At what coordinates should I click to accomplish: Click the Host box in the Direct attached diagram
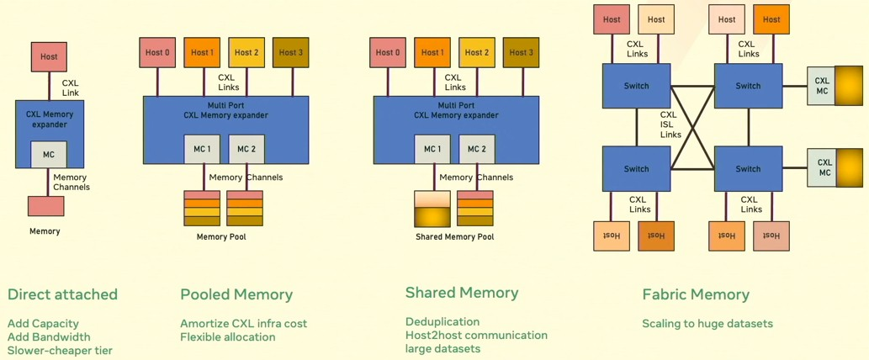point(49,56)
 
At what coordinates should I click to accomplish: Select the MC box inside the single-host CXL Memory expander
point(49,155)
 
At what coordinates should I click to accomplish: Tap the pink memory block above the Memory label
point(45,206)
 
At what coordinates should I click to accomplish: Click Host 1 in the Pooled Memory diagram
point(202,52)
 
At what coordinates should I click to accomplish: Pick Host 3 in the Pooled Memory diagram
point(290,52)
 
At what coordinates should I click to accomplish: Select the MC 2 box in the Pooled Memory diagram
point(246,149)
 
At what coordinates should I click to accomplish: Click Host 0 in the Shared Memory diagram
point(388,52)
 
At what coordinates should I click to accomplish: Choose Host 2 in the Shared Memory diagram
point(476,52)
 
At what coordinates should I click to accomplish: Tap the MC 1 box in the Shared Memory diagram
point(432,149)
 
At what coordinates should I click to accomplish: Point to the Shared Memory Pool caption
point(454,237)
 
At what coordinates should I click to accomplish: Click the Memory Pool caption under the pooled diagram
point(221,237)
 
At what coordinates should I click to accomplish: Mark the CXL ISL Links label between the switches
point(669,124)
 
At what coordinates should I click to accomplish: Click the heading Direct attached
point(62,294)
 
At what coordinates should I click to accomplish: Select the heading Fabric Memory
point(695,294)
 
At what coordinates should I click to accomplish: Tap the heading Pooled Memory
point(236,294)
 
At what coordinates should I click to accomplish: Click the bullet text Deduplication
point(442,321)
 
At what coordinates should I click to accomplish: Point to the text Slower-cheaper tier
point(60,350)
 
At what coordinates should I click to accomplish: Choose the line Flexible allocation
point(228,336)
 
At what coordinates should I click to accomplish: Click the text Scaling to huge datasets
point(707,323)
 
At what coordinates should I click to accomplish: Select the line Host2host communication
point(476,335)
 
